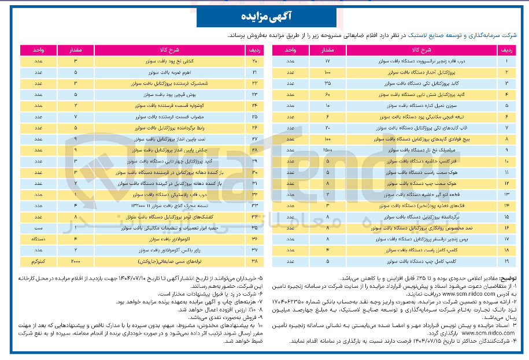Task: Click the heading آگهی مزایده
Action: point(264,16)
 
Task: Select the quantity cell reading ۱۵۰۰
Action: point(327,150)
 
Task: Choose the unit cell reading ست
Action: point(36,228)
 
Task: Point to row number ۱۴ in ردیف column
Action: point(506,206)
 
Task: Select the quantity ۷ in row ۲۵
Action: point(76,116)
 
